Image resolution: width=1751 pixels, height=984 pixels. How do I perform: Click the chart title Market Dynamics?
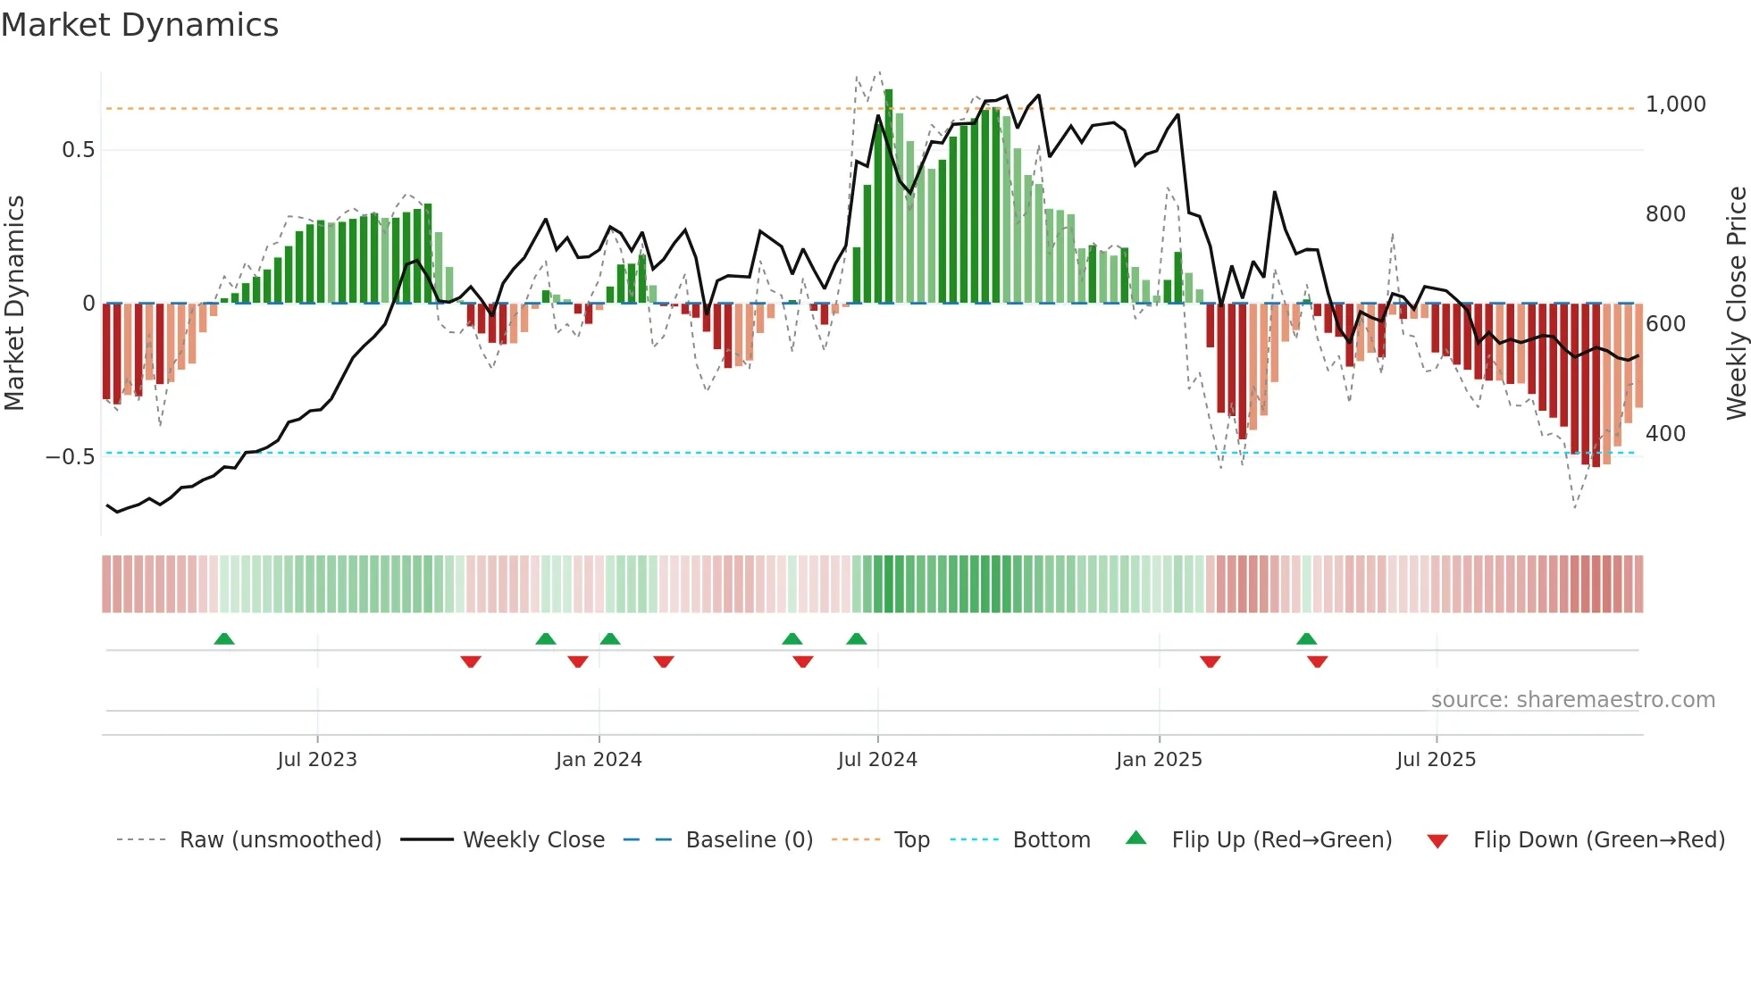click(139, 25)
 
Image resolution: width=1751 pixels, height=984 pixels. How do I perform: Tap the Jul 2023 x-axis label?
click(316, 760)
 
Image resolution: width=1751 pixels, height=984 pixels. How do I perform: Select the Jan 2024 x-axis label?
click(598, 760)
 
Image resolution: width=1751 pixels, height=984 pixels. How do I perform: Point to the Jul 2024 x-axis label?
click(876, 760)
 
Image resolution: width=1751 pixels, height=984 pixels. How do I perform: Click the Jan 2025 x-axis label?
click(1158, 760)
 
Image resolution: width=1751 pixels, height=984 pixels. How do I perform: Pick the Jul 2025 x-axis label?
click(1436, 760)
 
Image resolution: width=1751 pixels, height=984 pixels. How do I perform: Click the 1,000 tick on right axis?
click(1675, 104)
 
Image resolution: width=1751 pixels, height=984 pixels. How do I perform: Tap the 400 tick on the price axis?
click(1665, 434)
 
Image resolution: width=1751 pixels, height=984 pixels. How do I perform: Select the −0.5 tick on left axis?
click(71, 457)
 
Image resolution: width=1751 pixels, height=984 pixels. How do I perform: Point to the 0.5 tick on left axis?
click(78, 150)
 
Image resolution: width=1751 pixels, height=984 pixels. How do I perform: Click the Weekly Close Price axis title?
click(1736, 304)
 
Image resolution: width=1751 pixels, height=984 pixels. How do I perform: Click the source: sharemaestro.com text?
click(1572, 700)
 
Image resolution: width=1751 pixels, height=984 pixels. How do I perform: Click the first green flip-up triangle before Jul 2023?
click(224, 639)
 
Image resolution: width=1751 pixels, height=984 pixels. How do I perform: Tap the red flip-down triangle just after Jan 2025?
click(1210, 662)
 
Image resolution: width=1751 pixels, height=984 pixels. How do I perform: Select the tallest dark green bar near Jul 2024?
click(888, 196)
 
